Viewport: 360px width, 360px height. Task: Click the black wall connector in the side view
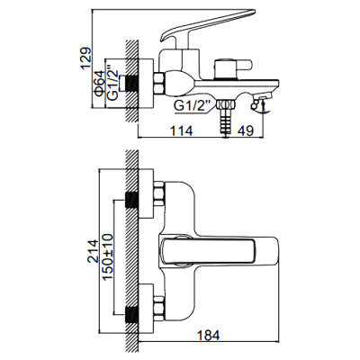click(x=136, y=82)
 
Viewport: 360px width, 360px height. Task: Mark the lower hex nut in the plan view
click(x=158, y=310)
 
